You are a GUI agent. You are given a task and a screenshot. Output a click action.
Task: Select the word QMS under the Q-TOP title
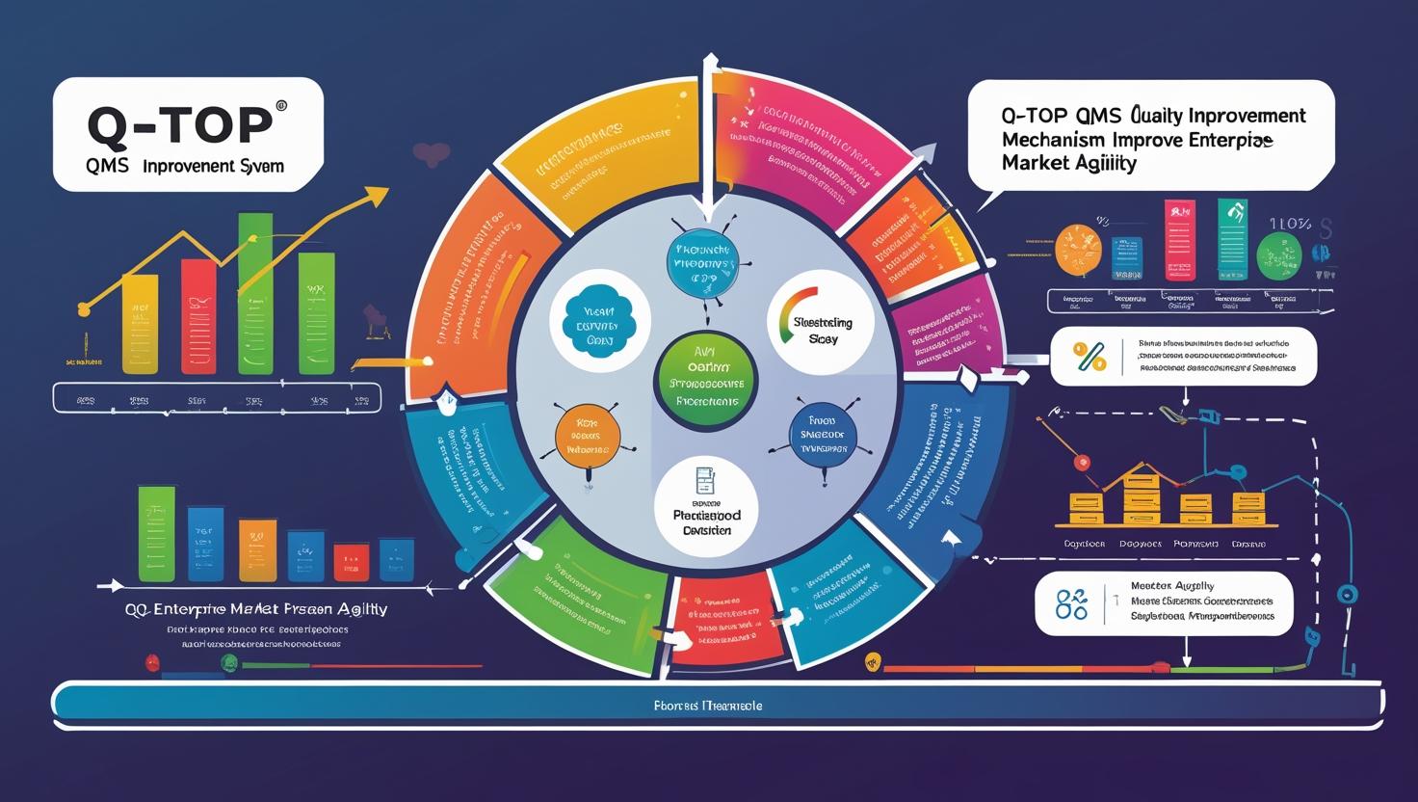pos(107,166)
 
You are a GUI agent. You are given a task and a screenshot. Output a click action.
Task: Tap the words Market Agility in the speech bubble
pos(1069,163)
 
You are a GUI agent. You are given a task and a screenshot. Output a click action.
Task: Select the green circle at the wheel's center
pos(705,382)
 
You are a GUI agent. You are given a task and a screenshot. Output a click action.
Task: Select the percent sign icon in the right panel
pos(1090,358)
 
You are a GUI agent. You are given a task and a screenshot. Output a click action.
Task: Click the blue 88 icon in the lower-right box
pos(1071,605)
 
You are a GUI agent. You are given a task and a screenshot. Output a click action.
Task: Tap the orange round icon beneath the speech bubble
pos(1078,250)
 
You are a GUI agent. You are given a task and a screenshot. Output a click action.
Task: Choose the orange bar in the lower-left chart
pos(257,550)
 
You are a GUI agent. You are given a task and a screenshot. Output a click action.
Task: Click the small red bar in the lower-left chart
pos(352,561)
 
